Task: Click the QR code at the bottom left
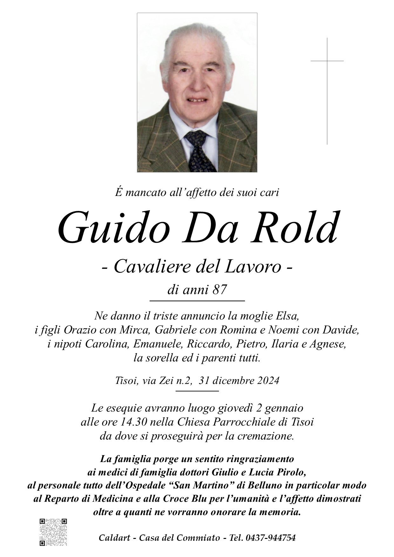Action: (x=53, y=532)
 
